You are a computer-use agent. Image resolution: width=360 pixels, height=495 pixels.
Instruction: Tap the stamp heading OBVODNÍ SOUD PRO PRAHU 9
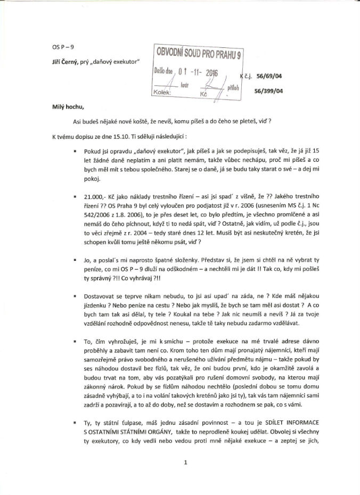coord(198,53)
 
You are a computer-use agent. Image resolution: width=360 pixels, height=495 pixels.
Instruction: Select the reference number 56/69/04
coord(269,76)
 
